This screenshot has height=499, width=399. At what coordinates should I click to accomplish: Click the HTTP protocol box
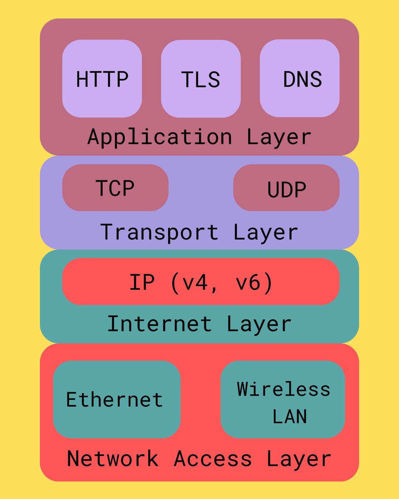click(102, 79)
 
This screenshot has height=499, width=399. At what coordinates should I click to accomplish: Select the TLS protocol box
click(201, 79)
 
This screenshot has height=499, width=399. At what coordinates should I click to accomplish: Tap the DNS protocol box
click(300, 78)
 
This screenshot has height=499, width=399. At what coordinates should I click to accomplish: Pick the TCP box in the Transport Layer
click(115, 188)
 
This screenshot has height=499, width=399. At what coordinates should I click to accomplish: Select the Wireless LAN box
click(283, 400)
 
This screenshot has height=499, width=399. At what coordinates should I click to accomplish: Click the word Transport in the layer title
click(160, 232)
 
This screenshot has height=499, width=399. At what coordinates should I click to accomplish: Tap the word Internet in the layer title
click(160, 324)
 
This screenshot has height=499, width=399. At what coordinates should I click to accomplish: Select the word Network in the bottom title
click(113, 459)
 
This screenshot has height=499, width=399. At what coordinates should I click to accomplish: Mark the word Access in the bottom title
click(213, 459)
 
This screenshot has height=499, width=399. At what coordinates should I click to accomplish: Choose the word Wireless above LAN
click(284, 389)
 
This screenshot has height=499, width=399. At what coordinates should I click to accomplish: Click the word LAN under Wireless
click(290, 417)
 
